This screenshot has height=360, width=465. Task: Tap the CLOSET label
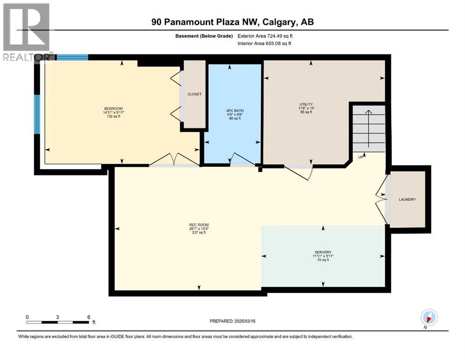[x=194, y=94]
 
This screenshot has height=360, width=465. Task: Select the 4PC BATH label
[x=235, y=111]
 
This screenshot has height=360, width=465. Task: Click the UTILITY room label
[x=306, y=104]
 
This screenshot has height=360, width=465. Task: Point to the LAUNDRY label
[x=407, y=200]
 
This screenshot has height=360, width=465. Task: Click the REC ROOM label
[x=196, y=225]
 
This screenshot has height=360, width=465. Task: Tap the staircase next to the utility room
[x=369, y=128]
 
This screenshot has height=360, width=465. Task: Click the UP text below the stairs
[x=361, y=157]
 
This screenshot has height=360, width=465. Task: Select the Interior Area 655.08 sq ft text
[x=264, y=43]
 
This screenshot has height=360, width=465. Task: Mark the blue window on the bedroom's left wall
[x=37, y=114]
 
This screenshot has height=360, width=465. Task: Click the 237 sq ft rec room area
[x=196, y=232]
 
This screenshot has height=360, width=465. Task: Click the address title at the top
[x=232, y=22]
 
